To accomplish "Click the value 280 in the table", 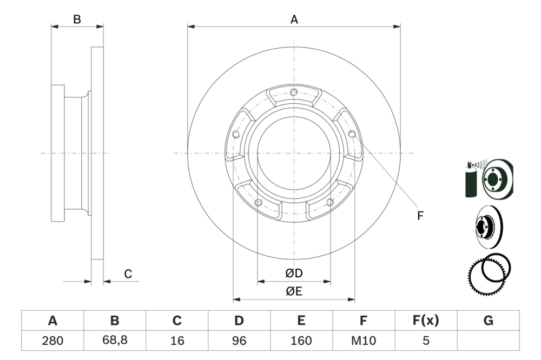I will coord(52,341).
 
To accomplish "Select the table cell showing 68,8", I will coord(115,341).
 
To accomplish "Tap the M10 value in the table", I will coord(363,341).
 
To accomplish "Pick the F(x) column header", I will coord(425,321).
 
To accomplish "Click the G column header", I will coord(488,321).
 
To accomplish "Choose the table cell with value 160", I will coord(301,341).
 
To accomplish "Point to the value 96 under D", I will coord(239,341).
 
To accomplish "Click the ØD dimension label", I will coord(294,274).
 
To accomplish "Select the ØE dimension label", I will coord(294,291).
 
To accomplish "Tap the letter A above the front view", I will coord(294,19).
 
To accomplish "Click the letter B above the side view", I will coord(77,19).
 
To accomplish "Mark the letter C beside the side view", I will coord(128,275).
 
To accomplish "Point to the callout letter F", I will coord(420,216).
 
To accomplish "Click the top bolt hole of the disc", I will coord(294,91).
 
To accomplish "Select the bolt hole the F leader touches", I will coord(352,134).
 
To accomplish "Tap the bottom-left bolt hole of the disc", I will coord(258,203).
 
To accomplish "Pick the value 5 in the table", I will coord(425,341).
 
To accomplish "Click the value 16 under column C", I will coord(177,341).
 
